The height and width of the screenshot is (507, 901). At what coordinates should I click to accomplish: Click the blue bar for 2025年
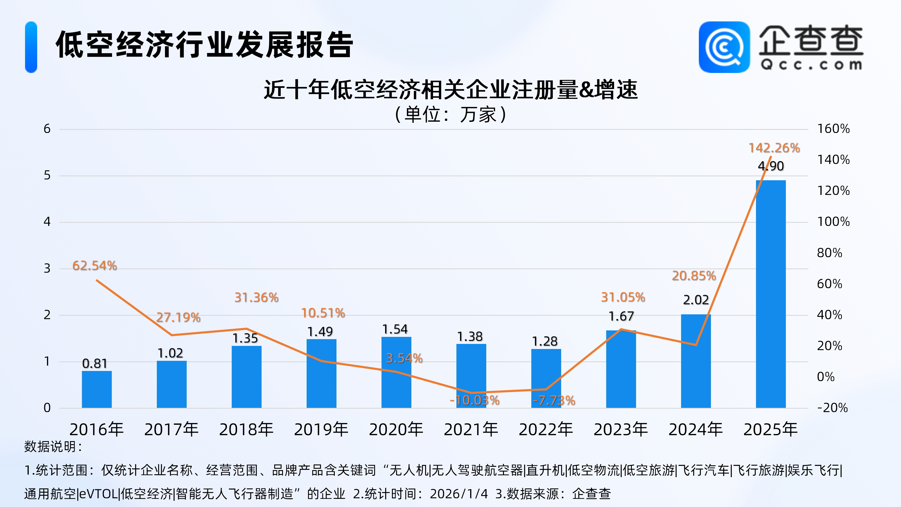(771, 294)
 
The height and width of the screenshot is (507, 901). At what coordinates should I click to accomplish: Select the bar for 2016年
(97, 389)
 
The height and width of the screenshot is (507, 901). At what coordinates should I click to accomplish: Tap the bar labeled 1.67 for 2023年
(621, 369)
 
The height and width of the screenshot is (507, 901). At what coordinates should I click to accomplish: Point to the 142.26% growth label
(774, 148)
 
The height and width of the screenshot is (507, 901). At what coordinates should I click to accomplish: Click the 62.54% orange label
(94, 266)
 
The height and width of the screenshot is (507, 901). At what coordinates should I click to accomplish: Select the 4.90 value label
(771, 166)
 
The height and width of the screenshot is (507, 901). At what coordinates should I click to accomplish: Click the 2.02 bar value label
(696, 300)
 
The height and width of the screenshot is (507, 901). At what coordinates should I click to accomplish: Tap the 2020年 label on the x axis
(396, 429)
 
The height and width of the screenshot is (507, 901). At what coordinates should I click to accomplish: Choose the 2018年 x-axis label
(246, 429)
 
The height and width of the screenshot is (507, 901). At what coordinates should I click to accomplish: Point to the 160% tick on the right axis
(833, 129)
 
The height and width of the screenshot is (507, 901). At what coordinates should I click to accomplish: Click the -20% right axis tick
(833, 408)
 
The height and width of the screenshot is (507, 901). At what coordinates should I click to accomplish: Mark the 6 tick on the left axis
(47, 129)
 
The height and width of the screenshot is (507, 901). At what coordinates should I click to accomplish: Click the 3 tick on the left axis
(47, 268)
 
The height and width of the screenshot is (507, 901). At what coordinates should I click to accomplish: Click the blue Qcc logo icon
(724, 47)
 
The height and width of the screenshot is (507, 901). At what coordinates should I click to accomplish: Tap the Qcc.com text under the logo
(811, 65)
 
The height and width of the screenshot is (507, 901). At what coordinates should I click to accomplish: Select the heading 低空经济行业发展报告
(205, 45)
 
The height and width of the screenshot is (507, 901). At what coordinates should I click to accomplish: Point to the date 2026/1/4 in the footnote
(459, 494)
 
